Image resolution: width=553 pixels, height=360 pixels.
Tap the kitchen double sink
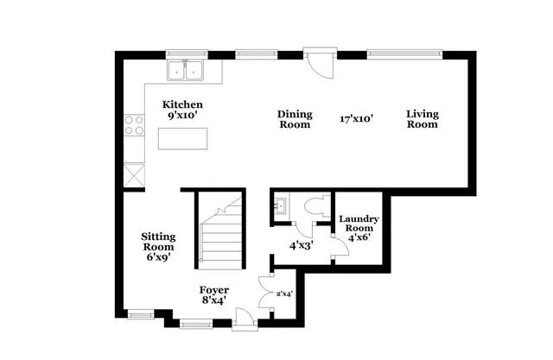point(185,71)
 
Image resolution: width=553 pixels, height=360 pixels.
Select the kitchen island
point(184,139)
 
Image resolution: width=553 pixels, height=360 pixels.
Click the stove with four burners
point(135,127)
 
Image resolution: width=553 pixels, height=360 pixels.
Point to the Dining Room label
point(294,119)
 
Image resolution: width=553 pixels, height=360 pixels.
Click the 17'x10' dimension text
point(356,120)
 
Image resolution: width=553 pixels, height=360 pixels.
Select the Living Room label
point(423,119)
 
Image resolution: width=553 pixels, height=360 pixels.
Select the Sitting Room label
point(158,247)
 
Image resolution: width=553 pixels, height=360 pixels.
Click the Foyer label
point(213,295)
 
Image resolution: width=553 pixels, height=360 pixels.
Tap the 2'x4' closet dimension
point(284,294)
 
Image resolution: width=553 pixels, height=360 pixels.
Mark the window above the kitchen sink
point(185,54)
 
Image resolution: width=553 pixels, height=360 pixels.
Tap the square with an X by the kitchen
point(134,177)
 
